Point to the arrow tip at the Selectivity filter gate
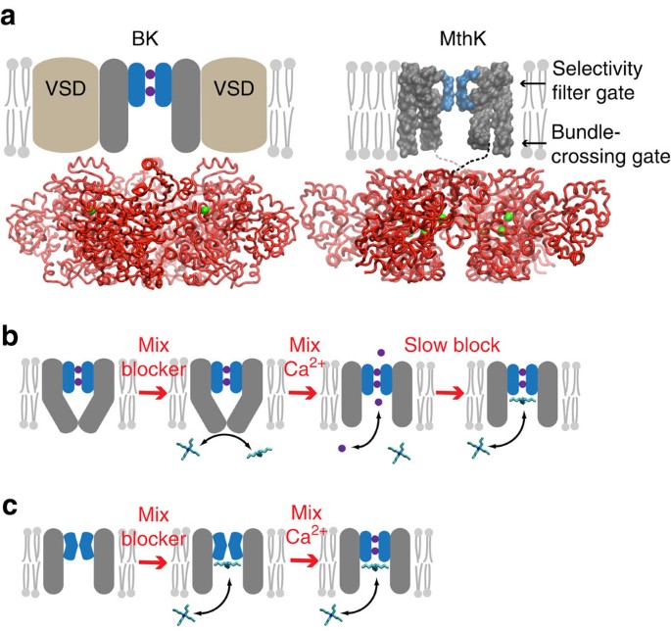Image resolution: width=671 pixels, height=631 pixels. (521, 84)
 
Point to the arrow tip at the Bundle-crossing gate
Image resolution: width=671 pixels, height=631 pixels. (521, 144)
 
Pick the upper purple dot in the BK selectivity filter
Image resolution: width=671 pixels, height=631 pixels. (149, 75)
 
